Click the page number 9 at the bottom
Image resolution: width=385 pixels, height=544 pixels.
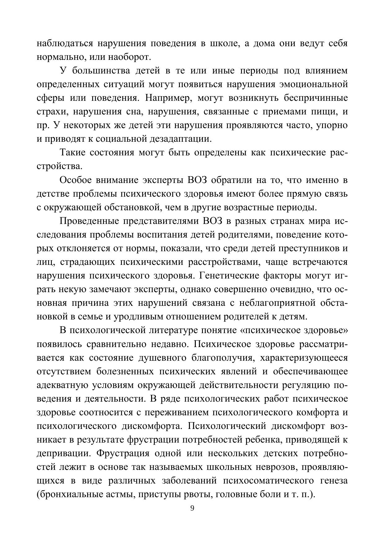192,508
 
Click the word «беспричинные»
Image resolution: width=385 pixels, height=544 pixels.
316,98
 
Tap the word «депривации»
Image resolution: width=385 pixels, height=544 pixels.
64,453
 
